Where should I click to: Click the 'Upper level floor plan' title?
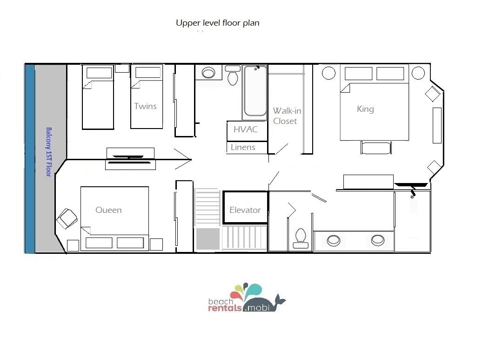click(x=218, y=23)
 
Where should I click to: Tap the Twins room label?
click(x=145, y=106)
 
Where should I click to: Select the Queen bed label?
click(x=108, y=210)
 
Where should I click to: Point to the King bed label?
click(x=365, y=109)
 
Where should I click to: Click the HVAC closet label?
click(x=246, y=129)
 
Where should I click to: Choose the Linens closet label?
click(x=243, y=147)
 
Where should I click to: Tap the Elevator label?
click(x=245, y=210)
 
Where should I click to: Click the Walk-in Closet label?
click(x=287, y=116)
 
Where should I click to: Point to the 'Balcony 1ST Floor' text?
click(x=48, y=152)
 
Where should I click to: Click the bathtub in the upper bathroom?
click(x=255, y=92)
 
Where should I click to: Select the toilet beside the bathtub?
click(x=233, y=75)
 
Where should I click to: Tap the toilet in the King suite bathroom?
click(x=301, y=238)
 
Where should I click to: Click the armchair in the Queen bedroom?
click(x=67, y=218)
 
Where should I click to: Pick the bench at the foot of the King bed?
click(x=376, y=148)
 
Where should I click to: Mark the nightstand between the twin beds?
click(x=122, y=68)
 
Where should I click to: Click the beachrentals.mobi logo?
click(x=247, y=298)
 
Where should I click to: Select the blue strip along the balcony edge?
click(x=30, y=159)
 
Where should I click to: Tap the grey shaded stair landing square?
click(x=208, y=239)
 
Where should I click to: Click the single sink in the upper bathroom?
click(x=208, y=73)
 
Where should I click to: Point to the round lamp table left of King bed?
click(x=328, y=73)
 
